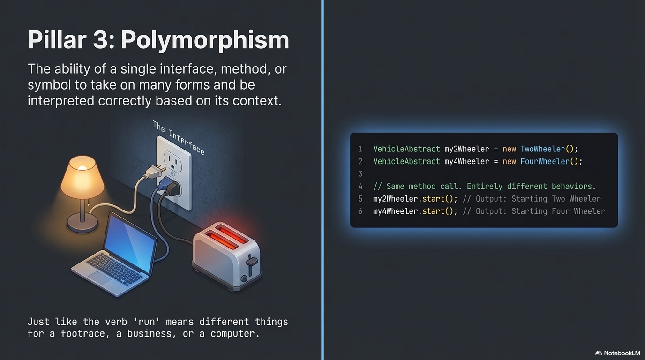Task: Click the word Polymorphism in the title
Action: coord(205,40)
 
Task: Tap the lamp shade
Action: coord(82,178)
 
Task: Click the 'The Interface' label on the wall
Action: coord(179,137)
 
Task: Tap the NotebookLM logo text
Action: coord(622,353)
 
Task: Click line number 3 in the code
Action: coord(360,174)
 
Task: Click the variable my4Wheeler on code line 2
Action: coord(467,161)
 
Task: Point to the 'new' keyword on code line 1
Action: coord(509,149)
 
